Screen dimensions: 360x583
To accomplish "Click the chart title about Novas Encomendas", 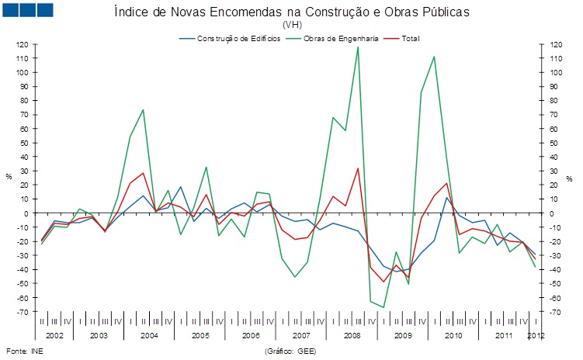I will [x=291, y=12].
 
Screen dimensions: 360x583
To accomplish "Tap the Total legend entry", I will [x=411, y=38].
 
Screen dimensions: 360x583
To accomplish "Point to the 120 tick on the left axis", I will [x=23, y=44].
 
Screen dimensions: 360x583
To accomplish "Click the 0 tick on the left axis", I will [x=26, y=213].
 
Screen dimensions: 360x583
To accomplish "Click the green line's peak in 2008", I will [x=358, y=47].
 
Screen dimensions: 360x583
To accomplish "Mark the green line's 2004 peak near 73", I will [x=143, y=109].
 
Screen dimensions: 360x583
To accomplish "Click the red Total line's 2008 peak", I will [x=358, y=168].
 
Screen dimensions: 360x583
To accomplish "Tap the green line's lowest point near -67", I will [x=383, y=307].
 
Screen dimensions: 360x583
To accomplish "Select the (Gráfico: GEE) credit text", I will [x=290, y=351].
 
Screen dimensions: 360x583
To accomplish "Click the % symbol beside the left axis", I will [x=9, y=177].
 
